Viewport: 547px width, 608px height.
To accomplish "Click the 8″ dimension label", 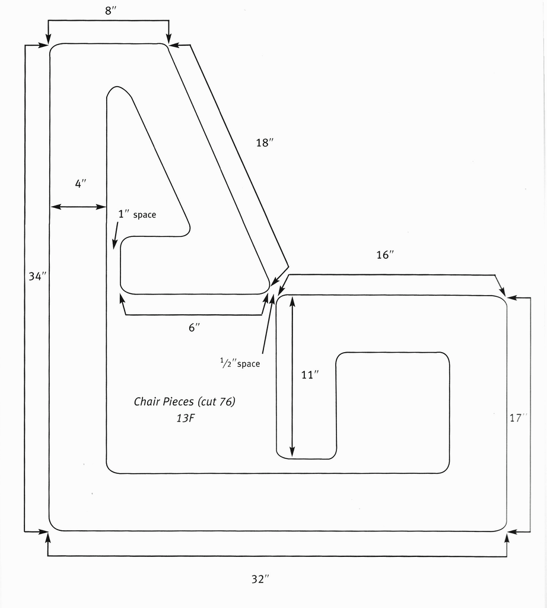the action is (x=110, y=11).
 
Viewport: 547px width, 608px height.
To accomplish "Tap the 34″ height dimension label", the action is (x=37, y=276).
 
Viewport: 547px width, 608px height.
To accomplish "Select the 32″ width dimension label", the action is (x=260, y=579).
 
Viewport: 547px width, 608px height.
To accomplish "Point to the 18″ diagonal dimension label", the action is (x=265, y=142).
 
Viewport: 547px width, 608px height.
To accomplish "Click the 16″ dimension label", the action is (x=385, y=255).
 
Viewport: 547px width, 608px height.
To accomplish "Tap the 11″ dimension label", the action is (x=310, y=375).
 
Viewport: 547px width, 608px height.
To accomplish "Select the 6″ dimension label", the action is (x=194, y=328).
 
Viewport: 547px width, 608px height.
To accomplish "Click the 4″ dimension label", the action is (x=81, y=183).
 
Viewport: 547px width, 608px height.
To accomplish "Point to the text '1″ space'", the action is (x=137, y=214).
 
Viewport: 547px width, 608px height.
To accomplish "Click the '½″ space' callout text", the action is (x=240, y=363).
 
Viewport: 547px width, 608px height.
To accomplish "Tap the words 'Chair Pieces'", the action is (x=164, y=401).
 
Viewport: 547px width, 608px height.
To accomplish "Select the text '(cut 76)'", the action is (x=217, y=401).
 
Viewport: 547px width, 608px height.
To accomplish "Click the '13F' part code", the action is (x=185, y=418).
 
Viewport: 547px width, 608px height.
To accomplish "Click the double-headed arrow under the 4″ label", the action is (x=78, y=207).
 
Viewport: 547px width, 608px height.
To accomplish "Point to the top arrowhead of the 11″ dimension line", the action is (x=292, y=301).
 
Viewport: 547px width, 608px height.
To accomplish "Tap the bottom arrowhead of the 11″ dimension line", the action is (x=292, y=452).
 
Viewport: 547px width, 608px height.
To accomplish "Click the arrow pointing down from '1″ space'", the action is (x=116, y=235).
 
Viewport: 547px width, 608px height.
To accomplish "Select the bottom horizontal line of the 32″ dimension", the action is (x=277, y=556).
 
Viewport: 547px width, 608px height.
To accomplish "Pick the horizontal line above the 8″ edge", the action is (x=109, y=20).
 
